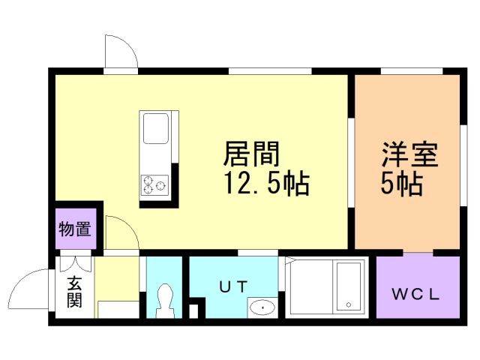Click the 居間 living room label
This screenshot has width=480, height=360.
[x=251, y=156]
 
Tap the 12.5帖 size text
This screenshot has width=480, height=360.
[x=266, y=184]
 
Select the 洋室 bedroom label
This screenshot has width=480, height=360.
[x=409, y=156]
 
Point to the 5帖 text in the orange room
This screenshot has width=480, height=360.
[x=400, y=184]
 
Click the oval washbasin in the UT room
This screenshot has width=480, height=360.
[x=262, y=306]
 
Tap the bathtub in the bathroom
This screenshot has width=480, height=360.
[x=347, y=286]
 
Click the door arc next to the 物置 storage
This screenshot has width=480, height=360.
[x=120, y=233]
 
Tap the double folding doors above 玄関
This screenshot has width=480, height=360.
[x=75, y=264]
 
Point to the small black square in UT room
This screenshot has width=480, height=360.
[x=197, y=308]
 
